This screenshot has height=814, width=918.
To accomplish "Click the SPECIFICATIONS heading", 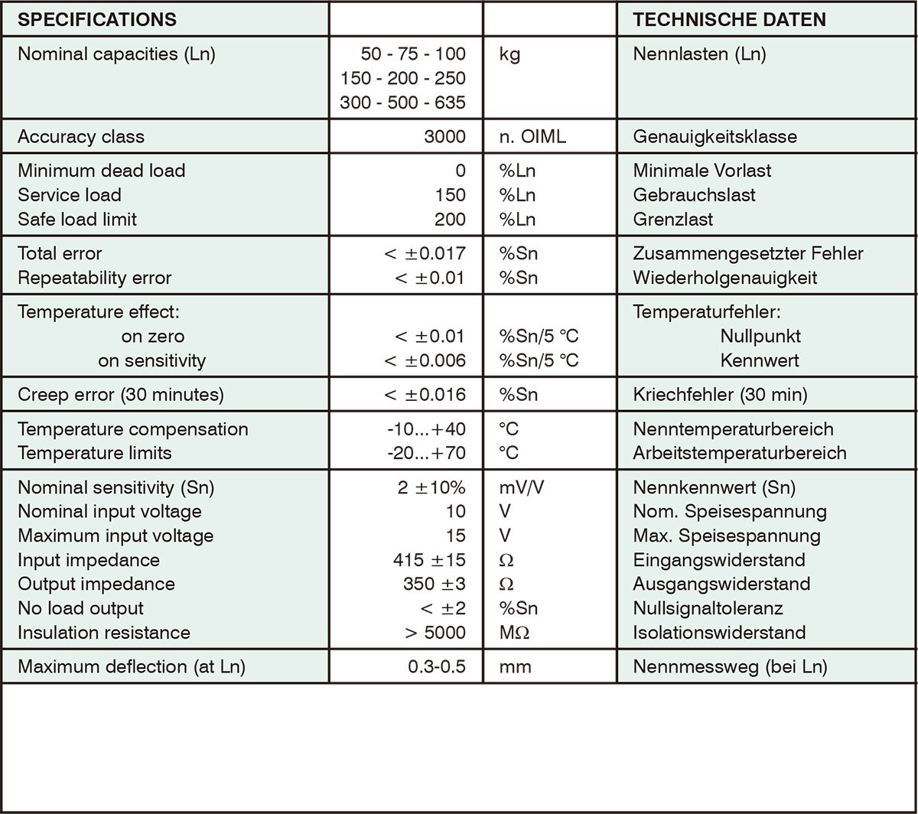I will pyautogui.click(x=97, y=20).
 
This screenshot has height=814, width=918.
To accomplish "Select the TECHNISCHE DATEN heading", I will pyautogui.click(x=730, y=20).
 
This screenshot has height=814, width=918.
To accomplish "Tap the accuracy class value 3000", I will pyautogui.click(x=444, y=137).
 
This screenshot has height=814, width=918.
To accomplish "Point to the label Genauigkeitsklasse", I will pyautogui.click(x=715, y=137).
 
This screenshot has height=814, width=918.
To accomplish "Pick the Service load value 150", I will pyautogui.click(x=450, y=195).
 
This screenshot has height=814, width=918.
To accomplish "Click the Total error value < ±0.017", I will pyautogui.click(x=425, y=253).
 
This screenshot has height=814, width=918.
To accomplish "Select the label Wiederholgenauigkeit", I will pyautogui.click(x=724, y=278).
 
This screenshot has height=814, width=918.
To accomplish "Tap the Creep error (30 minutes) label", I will pyautogui.click(x=121, y=395).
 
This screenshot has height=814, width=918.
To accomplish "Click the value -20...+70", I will pyautogui.click(x=426, y=453).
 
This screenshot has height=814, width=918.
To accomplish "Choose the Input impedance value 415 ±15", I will pyautogui.click(x=428, y=560).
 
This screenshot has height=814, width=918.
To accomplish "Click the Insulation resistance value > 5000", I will pyautogui.click(x=435, y=633).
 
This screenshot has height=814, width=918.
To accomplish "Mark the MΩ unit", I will pyautogui.click(x=514, y=633).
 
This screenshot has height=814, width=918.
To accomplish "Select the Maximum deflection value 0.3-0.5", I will pyautogui.click(x=436, y=666).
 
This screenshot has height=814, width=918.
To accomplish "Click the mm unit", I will pyautogui.click(x=515, y=666).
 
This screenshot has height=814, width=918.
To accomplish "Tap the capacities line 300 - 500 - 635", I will pyautogui.click(x=402, y=103).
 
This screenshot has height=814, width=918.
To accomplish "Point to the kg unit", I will pyautogui.click(x=509, y=54).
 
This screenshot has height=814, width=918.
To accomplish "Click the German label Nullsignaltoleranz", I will pyautogui.click(x=708, y=608).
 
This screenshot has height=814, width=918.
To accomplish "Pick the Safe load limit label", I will pyautogui.click(x=77, y=220).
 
